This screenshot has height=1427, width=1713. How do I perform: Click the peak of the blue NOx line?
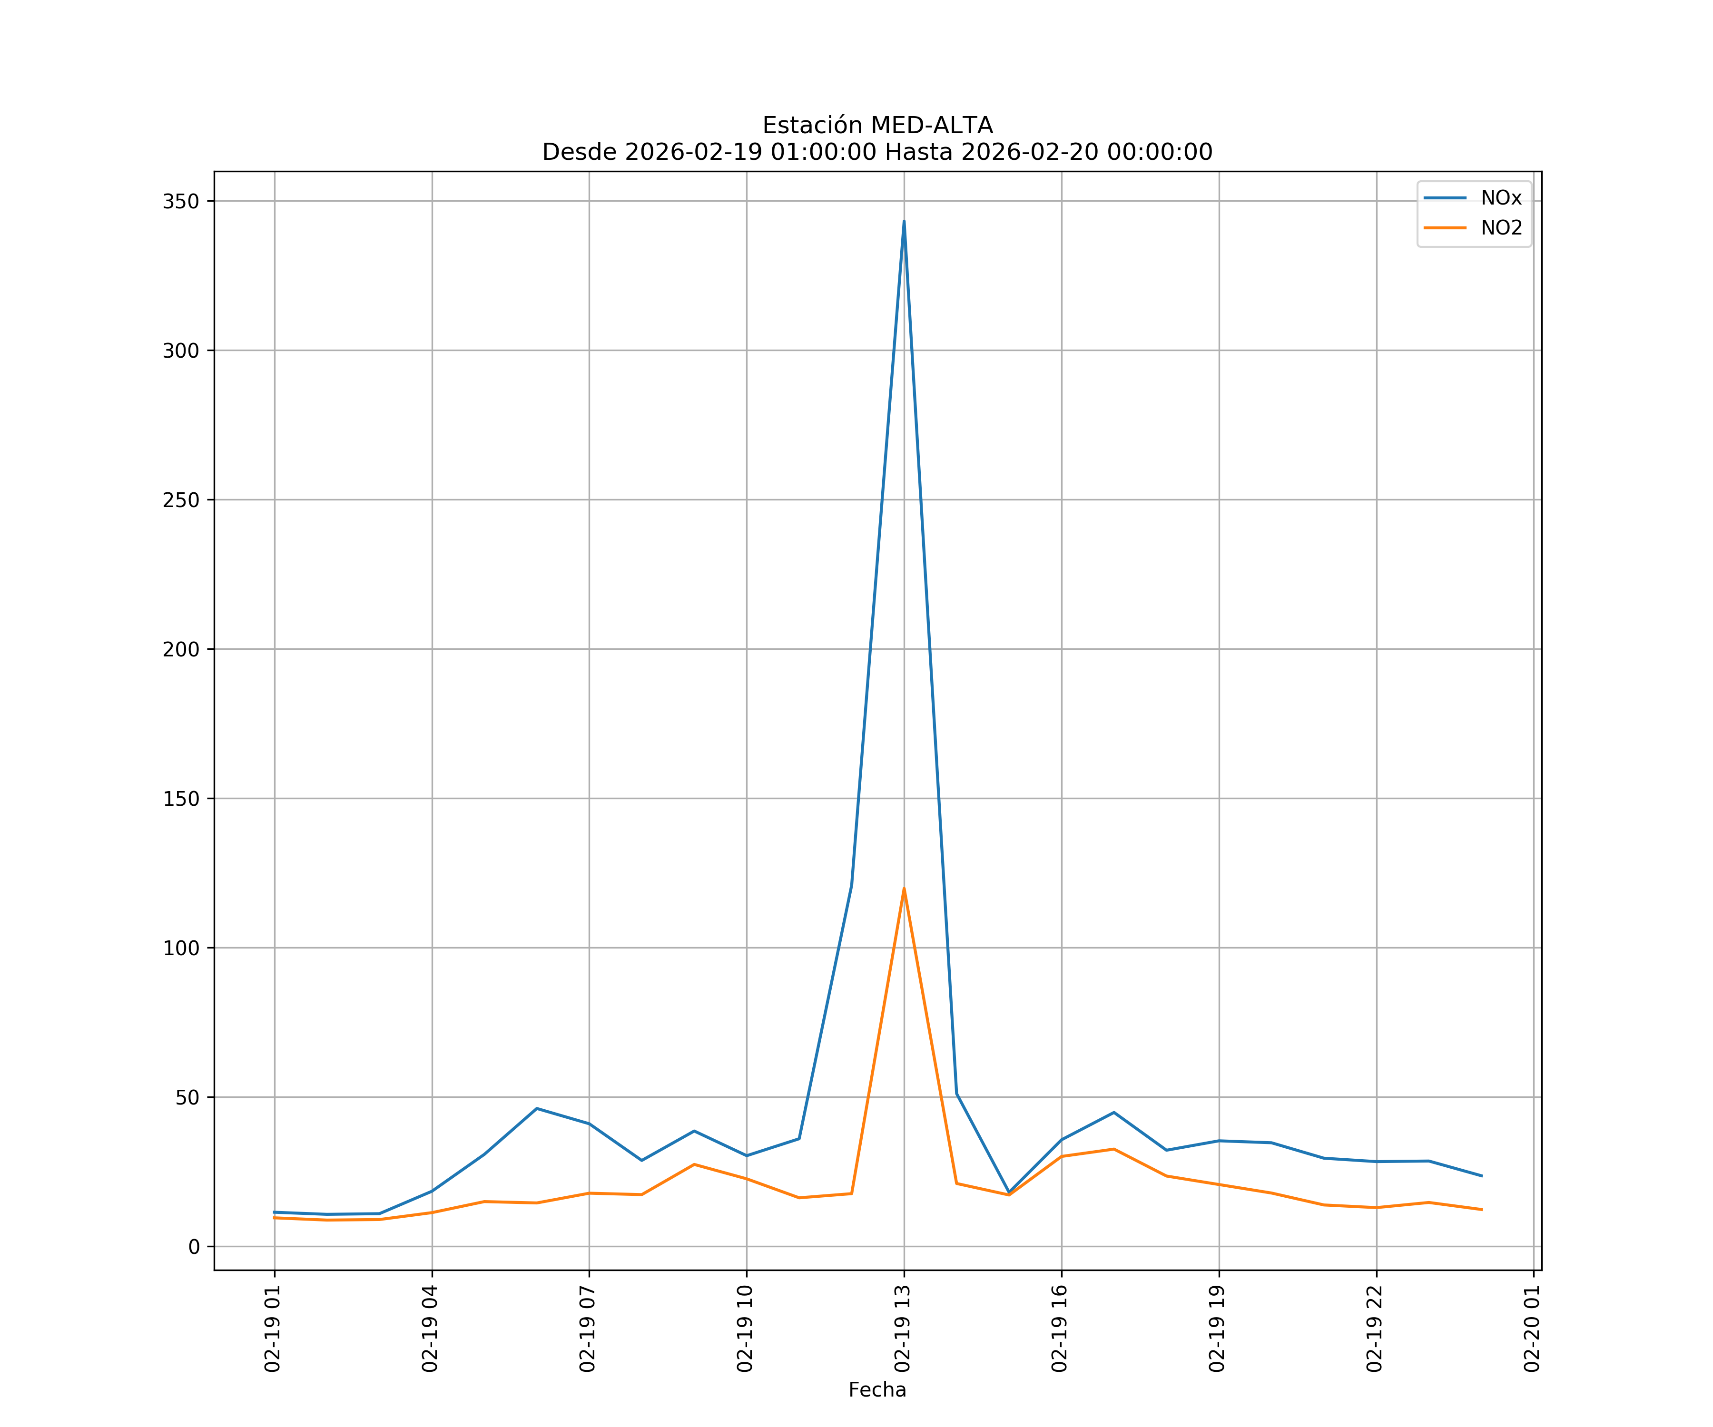(904, 221)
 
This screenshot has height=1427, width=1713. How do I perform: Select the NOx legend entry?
(1501, 198)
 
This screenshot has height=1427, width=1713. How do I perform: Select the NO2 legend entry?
(1501, 228)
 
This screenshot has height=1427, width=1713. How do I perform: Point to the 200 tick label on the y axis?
(181, 650)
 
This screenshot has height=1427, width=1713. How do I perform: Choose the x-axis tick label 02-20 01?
(1531, 1329)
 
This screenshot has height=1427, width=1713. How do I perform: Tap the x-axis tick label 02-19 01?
(273, 1329)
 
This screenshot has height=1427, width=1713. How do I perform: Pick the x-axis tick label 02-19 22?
(1375, 1329)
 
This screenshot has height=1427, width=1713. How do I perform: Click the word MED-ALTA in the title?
(932, 126)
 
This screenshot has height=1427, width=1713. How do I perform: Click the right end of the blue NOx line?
(1481, 1176)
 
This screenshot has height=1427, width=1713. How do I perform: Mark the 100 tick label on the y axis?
(181, 948)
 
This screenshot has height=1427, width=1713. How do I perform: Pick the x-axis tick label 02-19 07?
(587, 1329)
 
